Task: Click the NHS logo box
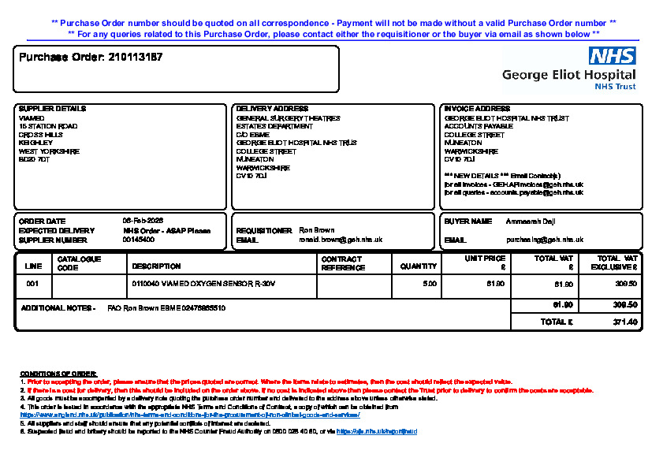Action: click(x=612, y=56)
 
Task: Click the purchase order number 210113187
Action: click(x=135, y=58)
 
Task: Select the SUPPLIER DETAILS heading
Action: click(x=52, y=109)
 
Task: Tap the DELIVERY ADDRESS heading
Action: click(x=273, y=109)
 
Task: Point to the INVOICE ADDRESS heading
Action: click(x=477, y=109)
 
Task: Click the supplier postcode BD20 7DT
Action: click(x=34, y=159)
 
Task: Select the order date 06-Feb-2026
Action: click(x=143, y=221)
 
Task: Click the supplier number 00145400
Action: click(x=139, y=240)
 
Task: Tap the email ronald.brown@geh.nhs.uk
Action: click(x=341, y=240)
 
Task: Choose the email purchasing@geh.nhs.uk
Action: click(x=545, y=240)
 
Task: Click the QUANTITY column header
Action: click(x=418, y=266)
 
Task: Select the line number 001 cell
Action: click(x=32, y=283)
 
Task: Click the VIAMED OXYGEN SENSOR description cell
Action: click(x=203, y=283)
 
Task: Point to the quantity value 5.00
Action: click(x=430, y=283)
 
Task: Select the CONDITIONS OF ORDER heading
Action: click(x=58, y=373)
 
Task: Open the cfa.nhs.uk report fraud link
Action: click(x=377, y=432)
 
